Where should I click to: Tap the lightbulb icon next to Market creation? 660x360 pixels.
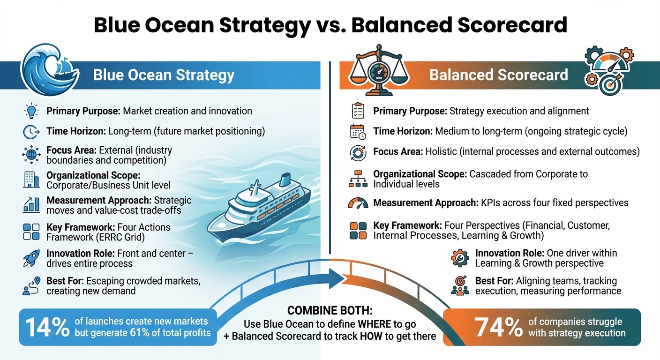[x=31, y=112]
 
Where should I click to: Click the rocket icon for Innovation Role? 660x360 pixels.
[x=31, y=258]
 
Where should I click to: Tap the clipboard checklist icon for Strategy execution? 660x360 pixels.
[x=358, y=112]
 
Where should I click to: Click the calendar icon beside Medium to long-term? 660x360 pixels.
[x=358, y=132]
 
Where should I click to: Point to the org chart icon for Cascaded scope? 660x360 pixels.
[x=358, y=179]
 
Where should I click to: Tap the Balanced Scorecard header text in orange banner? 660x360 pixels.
[x=498, y=75]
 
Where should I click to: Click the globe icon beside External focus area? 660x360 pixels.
[x=31, y=155]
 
